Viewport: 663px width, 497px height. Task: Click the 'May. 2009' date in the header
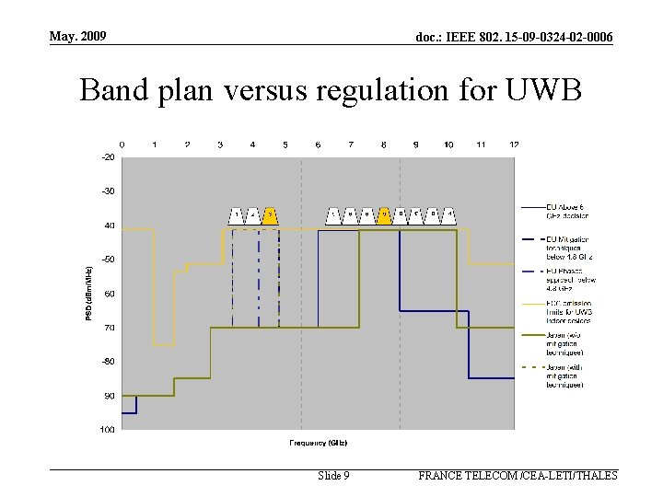[x=79, y=36]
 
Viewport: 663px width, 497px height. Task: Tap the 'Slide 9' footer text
[x=333, y=476]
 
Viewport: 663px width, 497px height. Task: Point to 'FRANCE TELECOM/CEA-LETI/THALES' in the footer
[x=518, y=476]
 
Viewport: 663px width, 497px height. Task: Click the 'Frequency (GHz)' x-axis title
[x=318, y=442]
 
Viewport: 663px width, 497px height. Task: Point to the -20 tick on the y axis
[x=109, y=157]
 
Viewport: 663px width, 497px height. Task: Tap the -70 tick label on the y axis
[x=109, y=328]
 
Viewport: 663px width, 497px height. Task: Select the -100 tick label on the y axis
[x=108, y=430]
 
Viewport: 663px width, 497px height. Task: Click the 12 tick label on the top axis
[x=514, y=144]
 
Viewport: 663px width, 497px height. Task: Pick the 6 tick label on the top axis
[x=318, y=144]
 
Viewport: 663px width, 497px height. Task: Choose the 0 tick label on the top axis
[x=122, y=144]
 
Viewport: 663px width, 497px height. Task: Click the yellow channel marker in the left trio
[x=270, y=216]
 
